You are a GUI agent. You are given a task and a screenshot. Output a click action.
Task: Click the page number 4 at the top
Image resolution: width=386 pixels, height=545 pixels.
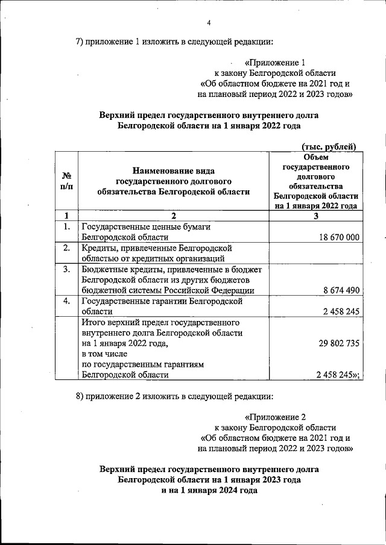[x=209, y=23]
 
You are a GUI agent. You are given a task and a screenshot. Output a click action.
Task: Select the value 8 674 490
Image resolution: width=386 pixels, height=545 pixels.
[x=341, y=290]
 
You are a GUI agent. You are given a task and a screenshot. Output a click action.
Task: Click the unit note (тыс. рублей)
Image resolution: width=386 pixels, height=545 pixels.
[x=329, y=146]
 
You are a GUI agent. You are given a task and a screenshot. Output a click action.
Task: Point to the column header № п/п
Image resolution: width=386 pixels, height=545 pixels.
[x=66, y=181]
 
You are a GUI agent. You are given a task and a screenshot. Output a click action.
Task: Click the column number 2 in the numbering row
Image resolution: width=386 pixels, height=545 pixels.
[x=173, y=216]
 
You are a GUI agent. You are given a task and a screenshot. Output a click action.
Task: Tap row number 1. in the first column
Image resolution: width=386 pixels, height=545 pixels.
[x=66, y=227]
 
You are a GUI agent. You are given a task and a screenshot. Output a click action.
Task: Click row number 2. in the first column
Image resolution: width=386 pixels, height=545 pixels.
[x=66, y=248]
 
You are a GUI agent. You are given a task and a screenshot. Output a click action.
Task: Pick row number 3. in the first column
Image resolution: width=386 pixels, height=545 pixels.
[x=66, y=269]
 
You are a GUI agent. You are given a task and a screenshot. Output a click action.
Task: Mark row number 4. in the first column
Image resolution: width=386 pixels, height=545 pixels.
[x=66, y=301]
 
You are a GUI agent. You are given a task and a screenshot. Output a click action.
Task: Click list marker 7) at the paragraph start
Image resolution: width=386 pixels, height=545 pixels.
[x=80, y=42]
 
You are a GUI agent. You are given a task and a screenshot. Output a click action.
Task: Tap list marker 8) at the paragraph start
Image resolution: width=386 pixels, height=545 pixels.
[x=80, y=396]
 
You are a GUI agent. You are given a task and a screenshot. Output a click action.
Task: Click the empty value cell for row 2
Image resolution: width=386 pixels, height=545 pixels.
[x=315, y=253]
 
